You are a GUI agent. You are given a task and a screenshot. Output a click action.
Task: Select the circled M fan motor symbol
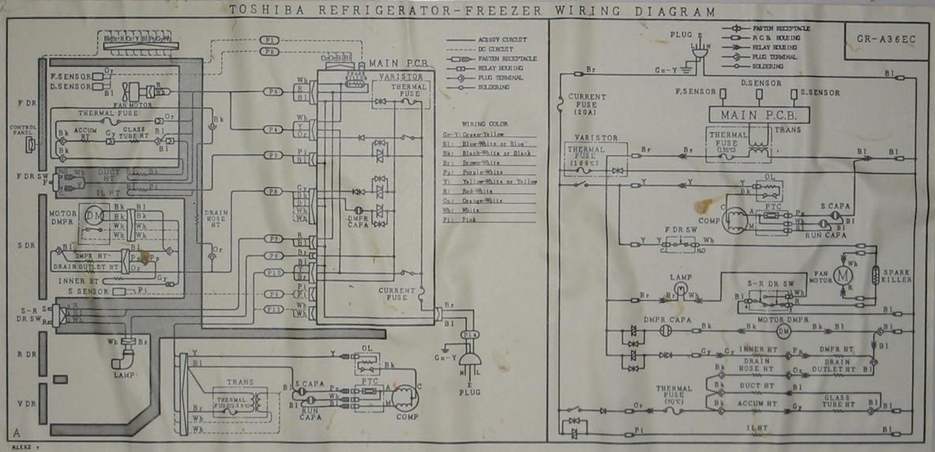843,274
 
